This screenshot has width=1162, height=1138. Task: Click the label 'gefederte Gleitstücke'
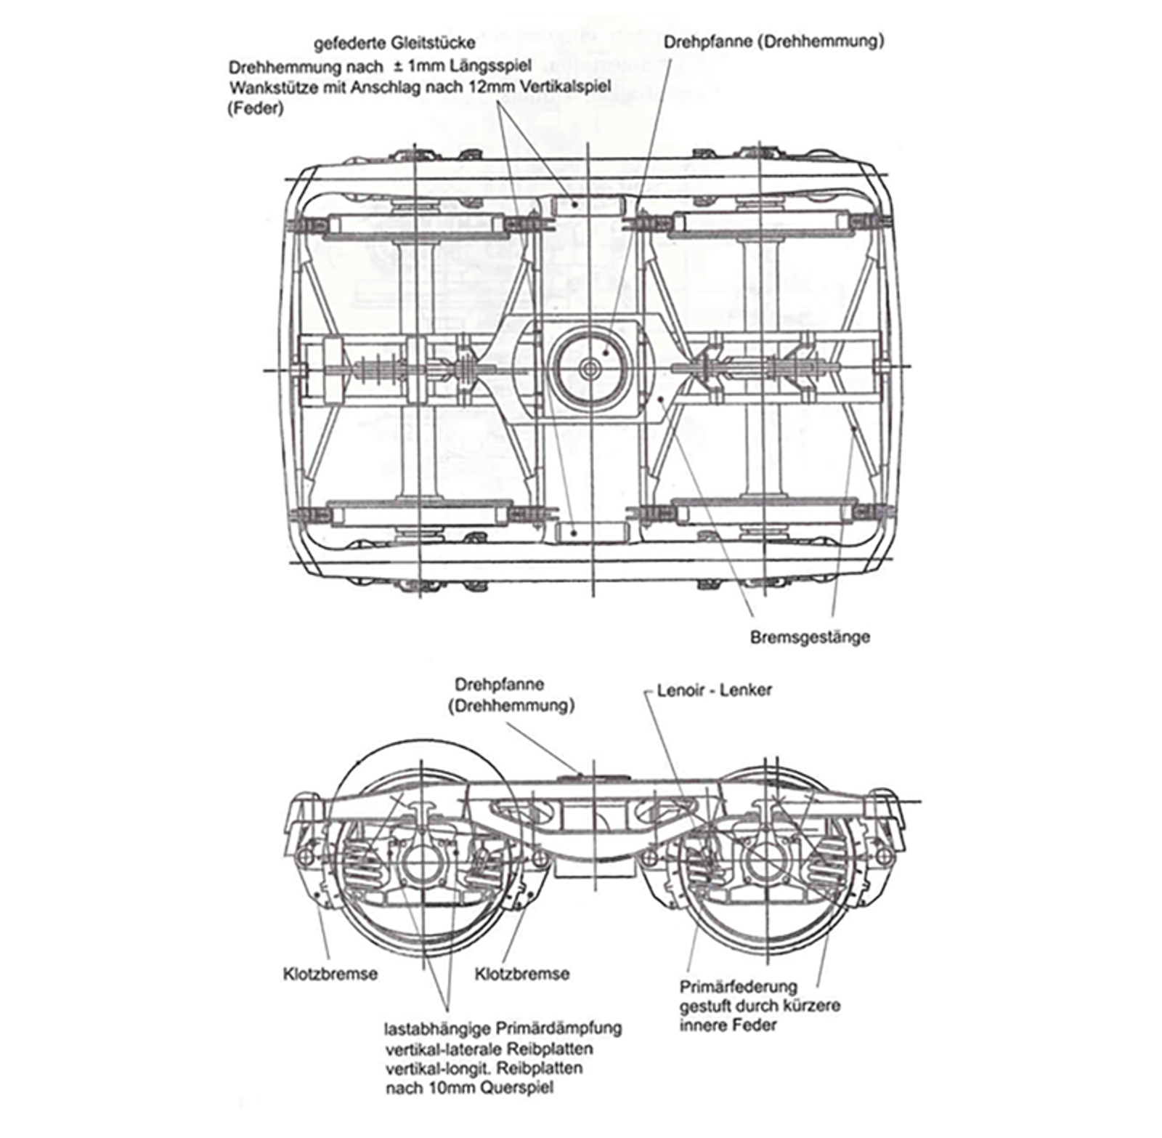pos(394,44)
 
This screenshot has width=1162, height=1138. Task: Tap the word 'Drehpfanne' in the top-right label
pos(707,41)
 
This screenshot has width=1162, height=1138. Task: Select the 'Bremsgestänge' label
pos(809,637)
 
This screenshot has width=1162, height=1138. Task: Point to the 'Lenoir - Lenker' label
pos(714,690)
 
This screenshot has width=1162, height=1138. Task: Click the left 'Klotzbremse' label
pos(330,973)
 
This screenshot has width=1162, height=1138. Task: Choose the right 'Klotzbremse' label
pos(521,973)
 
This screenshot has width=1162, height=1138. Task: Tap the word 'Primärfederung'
pos(738,987)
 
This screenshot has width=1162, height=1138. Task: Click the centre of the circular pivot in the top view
pos(589,368)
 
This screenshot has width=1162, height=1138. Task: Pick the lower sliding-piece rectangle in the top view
pos(590,532)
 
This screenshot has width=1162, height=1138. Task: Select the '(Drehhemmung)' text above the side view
pos(511,706)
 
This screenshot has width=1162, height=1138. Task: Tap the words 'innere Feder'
pos(728,1025)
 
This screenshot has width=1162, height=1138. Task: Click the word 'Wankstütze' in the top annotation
pos(272,87)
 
